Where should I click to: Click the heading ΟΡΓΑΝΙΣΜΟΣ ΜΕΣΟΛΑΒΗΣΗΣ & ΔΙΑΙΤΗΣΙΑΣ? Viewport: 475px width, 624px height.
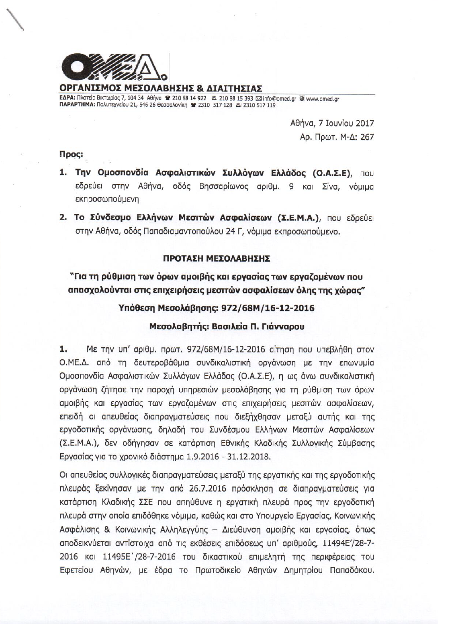point(161,88)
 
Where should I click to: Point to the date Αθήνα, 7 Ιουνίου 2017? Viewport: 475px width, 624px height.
point(332,124)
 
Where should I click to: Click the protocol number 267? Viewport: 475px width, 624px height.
point(367,137)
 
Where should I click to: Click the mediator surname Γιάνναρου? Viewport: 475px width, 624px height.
point(283,327)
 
